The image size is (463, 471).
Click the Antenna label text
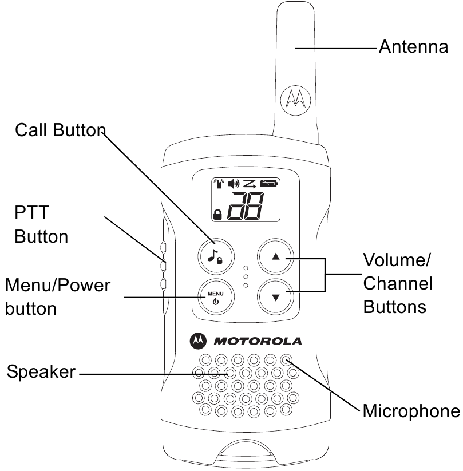click(413, 46)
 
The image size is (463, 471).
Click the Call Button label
click(60, 130)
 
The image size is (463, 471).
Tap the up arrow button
click(275, 258)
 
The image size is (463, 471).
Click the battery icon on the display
click(268, 184)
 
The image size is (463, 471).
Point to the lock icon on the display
click(217, 215)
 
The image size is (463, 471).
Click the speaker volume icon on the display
click(234, 184)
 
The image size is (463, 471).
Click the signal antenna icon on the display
click(218, 184)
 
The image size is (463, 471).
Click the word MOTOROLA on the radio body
click(258, 342)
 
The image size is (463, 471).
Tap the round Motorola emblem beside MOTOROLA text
click(197, 341)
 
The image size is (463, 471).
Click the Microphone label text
click(411, 410)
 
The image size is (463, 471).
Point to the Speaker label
click(41, 372)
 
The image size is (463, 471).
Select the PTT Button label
click(41, 224)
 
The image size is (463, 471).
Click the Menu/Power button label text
click(57, 296)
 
